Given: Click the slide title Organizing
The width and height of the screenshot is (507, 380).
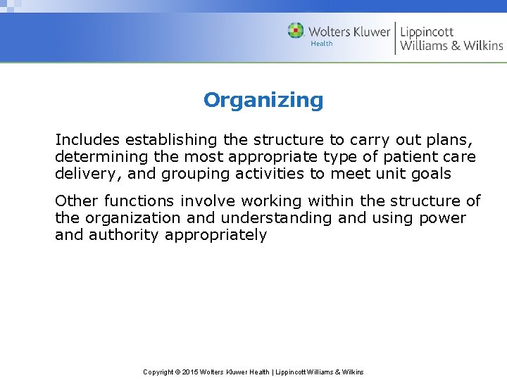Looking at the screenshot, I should (263, 101).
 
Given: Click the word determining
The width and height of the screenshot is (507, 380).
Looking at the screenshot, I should (100, 156).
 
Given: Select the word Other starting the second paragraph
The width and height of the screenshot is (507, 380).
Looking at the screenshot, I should (75, 201).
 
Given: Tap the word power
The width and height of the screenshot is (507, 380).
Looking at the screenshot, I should (442, 219).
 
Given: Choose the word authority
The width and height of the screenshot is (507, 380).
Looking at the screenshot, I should (124, 236).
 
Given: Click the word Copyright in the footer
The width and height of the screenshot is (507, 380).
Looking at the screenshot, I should (158, 372).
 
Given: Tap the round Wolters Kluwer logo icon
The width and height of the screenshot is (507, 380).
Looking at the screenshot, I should (296, 31).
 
